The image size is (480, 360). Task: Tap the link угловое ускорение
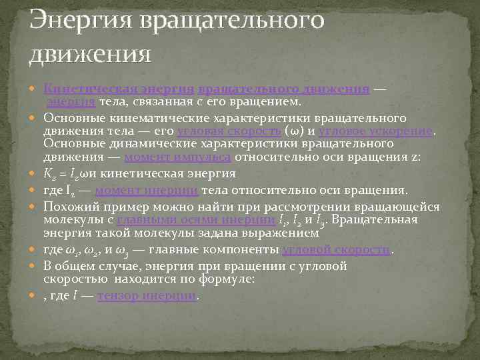(x=376, y=131)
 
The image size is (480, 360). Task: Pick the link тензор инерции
(x=147, y=295)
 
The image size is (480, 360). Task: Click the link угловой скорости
(x=337, y=249)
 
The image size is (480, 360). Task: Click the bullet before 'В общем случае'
(x=36, y=267)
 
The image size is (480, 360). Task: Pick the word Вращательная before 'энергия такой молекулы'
(x=380, y=220)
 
